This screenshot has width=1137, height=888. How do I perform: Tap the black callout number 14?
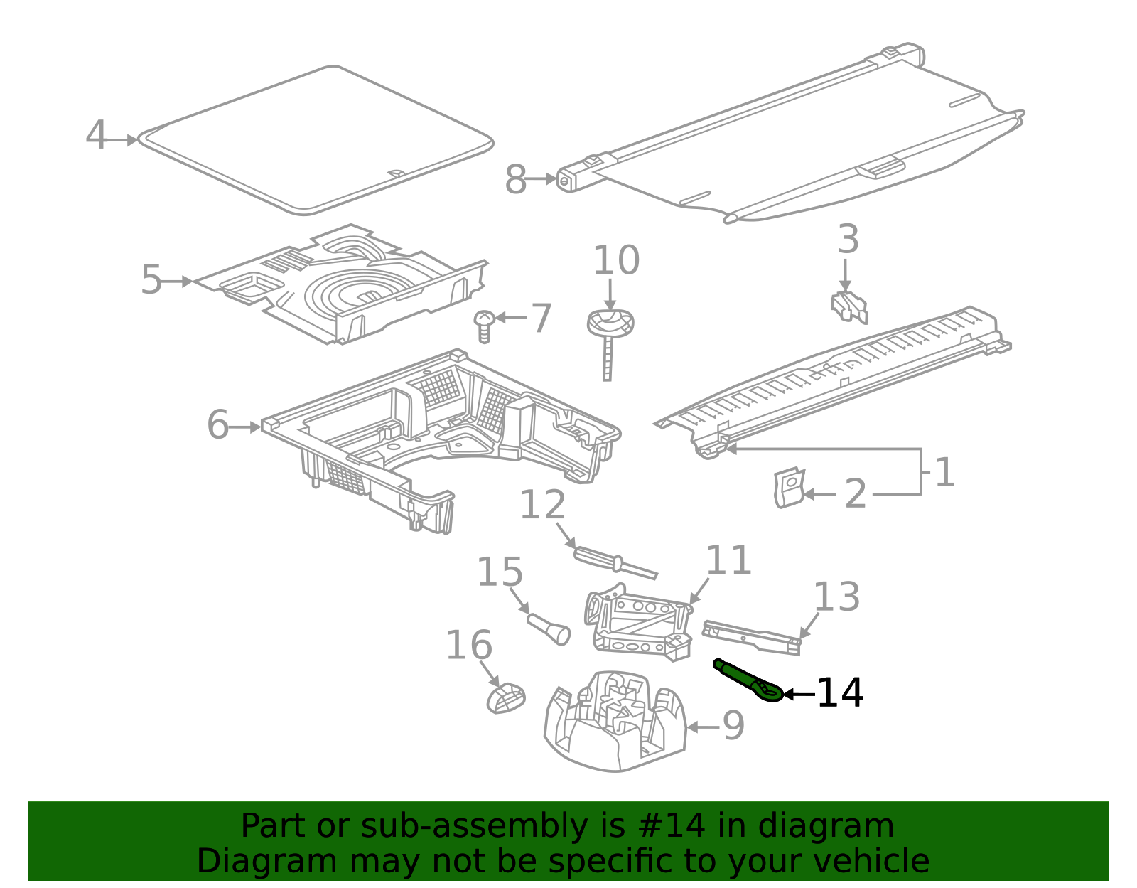[x=839, y=693]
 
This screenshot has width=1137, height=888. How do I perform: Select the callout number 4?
[x=96, y=135]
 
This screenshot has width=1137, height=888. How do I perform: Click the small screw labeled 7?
[x=484, y=326]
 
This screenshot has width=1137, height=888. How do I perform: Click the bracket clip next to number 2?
[x=787, y=488]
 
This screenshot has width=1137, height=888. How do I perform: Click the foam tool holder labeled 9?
[x=615, y=722]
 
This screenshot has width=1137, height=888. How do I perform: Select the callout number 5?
[x=151, y=280]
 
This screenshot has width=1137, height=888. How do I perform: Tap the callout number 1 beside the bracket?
[x=944, y=472]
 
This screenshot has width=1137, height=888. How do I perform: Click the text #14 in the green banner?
[x=672, y=826]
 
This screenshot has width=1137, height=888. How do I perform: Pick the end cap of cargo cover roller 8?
[x=566, y=181]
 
